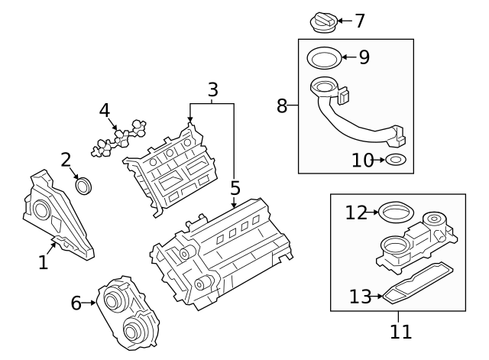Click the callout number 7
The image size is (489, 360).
point(360,21)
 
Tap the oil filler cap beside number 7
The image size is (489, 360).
point(322,22)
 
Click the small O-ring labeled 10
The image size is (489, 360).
point(397,161)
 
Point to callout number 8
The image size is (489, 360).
point(282,105)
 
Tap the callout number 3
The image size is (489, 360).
point(213,89)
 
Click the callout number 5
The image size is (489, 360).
point(235,187)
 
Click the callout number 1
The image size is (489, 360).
point(44,263)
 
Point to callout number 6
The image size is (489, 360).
point(76,303)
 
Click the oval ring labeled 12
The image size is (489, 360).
point(395,212)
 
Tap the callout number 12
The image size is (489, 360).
point(356,212)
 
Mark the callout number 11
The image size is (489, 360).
point(400,332)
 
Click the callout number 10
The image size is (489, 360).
point(363,161)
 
